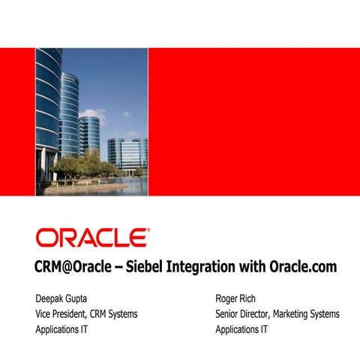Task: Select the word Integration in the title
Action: pos(203,267)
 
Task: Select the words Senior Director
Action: pos(242,313)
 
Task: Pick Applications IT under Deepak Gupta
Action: pos(61,329)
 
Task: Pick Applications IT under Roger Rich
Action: pos(241,329)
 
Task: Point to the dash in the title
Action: pos(118,267)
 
